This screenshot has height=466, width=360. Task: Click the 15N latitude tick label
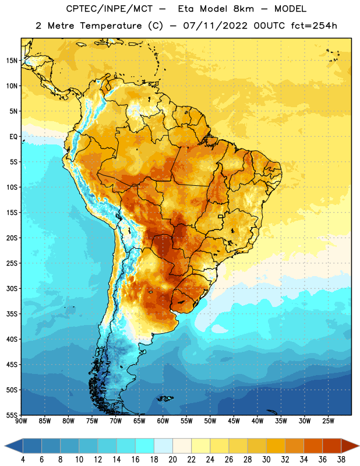12,61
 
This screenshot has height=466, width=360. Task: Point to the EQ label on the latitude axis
13,137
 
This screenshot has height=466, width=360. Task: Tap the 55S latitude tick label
12,415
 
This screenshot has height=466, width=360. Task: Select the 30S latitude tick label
12,288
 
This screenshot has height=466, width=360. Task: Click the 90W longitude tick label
21,421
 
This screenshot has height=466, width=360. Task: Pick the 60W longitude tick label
163,421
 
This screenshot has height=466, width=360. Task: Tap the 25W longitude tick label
328,421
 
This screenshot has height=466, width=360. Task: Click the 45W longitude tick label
234,421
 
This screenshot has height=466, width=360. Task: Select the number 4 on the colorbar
23,460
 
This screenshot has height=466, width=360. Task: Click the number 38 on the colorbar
341,460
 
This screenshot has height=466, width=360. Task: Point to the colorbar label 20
172,460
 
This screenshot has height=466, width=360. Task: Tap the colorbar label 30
266,460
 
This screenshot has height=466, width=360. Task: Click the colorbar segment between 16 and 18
145,446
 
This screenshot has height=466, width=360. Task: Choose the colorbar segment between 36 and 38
332,446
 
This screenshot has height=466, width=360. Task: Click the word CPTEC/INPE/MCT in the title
110,9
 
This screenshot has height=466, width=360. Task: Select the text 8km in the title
243,9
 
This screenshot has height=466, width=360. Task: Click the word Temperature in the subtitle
111,26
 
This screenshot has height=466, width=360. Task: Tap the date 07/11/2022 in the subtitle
215,26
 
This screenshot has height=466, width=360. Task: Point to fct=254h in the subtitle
314,26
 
